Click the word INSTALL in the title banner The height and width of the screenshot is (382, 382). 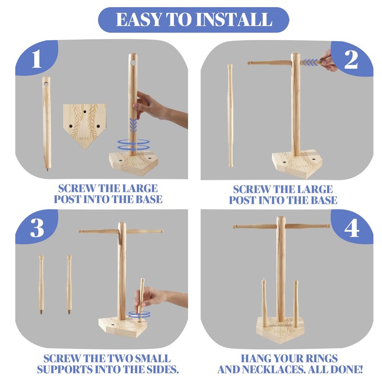(234, 20)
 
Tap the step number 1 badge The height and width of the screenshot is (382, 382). (37, 58)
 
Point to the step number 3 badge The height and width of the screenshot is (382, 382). (37, 228)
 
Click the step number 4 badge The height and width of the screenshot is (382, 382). (351, 228)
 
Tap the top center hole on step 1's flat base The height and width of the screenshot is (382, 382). (85, 112)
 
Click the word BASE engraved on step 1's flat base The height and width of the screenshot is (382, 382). (84, 138)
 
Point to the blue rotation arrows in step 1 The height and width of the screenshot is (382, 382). (134, 145)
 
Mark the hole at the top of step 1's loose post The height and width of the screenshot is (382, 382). (46, 84)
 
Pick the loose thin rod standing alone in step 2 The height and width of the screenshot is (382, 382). (230, 116)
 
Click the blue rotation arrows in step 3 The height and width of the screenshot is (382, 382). (139, 314)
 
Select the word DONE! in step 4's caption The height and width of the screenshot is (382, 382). (346, 369)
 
